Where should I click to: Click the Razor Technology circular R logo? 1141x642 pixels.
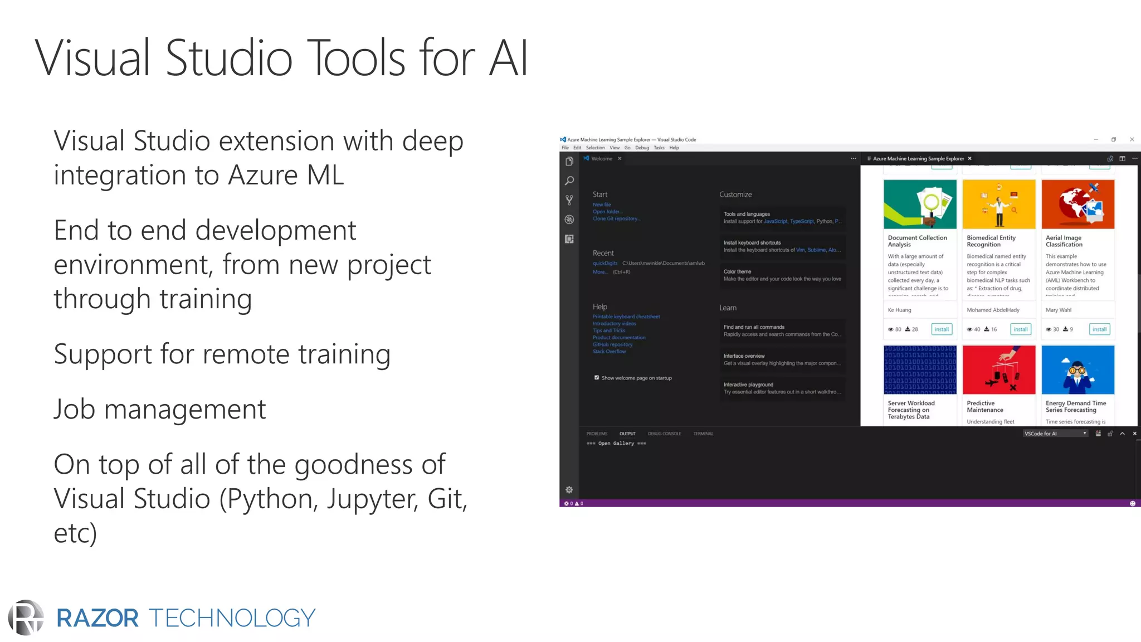point(26,617)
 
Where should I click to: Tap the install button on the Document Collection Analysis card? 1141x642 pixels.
point(942,329)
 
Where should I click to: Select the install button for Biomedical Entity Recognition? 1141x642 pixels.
point(1020,329)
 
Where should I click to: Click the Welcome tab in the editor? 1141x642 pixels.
point(602,159)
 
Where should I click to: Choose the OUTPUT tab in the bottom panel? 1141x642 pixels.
point(627,434)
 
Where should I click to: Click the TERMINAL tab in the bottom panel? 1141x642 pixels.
point(703,434)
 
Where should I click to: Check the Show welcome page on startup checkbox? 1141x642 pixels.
point(597,378)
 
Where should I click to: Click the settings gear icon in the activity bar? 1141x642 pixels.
point(569,490)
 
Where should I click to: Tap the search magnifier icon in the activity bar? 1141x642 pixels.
point(569,181)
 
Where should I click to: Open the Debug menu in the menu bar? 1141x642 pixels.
point(642,148)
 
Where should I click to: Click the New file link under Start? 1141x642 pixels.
point(602,205)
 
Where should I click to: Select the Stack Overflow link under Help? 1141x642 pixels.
point(609,352)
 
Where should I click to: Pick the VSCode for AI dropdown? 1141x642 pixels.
point(1055,434)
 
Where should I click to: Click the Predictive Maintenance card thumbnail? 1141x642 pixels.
point(998,369)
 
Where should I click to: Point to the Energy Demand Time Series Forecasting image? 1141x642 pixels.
point(1077,369)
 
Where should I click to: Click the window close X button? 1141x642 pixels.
point(1132,139)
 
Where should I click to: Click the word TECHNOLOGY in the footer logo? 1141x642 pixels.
point(232,618)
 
